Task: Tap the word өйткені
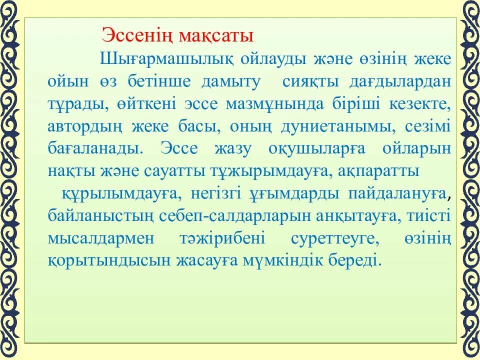(x=146, y=104)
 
